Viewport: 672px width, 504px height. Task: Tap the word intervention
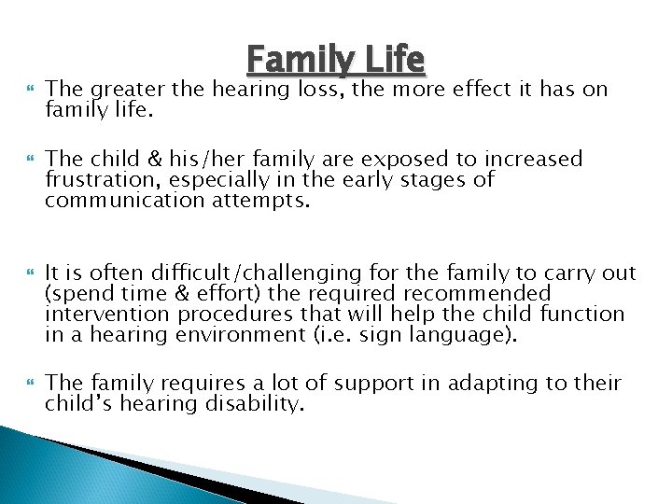click(x=103, y=315)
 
